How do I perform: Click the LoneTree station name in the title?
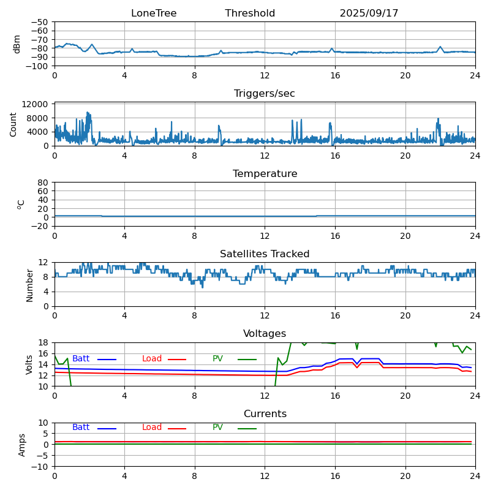pos(154,13)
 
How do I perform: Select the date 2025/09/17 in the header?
pos(369,13)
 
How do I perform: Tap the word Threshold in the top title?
pos(250,13)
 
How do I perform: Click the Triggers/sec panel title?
pos(265,94)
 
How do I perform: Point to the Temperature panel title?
pos(265,174)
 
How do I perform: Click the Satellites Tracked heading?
pos(265,254)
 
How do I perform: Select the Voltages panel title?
pos(265,334)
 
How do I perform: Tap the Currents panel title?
pos(265,414)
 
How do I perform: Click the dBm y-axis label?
pos(17,44)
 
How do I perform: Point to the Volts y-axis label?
pos(29,364)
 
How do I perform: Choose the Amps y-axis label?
pos(22,445)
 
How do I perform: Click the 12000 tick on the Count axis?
pos(36,105)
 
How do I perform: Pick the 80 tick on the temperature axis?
pos(43,183)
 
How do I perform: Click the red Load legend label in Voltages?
pos(152,359)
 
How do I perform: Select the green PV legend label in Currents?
pos(219,428)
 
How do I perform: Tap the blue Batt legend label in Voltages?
pos(81,359)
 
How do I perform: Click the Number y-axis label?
pos(29,285)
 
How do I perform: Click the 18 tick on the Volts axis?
pos(43,342)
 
